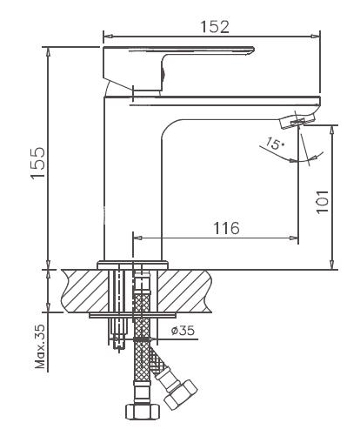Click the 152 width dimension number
pos(215,27)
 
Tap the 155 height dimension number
pos(38,164)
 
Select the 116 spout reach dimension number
pos(226,228)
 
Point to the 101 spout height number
pos(322,202)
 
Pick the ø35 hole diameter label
pos(183,331)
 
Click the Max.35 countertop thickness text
pos(40,346)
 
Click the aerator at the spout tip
pos(297,121)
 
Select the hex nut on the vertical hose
pos(143,412)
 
